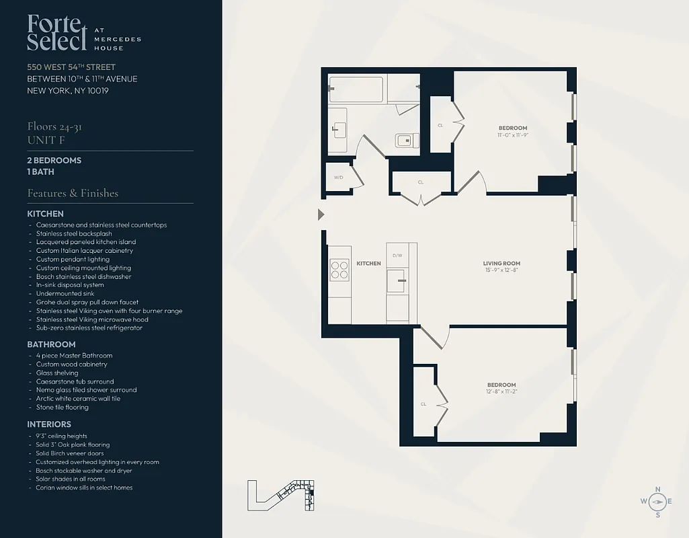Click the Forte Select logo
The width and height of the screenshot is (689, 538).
57,32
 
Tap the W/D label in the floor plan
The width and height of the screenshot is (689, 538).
338,178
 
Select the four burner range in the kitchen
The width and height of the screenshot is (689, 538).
339,269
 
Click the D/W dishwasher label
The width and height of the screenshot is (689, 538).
397,256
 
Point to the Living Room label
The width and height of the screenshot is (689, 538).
501,264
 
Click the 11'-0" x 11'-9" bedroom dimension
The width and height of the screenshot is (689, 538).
512,135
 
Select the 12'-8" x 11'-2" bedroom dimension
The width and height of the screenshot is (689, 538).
501,392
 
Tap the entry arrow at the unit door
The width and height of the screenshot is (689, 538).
321,215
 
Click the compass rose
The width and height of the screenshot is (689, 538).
657,502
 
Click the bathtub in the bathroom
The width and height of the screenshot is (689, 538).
356,89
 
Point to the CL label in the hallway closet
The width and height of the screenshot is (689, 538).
421,182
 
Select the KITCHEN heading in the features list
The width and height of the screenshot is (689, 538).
46,214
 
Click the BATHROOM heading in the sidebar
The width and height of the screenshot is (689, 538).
51,344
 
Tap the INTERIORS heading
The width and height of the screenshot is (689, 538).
49,424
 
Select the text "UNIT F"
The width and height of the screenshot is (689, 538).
45,140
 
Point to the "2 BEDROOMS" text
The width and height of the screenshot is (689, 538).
54,160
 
